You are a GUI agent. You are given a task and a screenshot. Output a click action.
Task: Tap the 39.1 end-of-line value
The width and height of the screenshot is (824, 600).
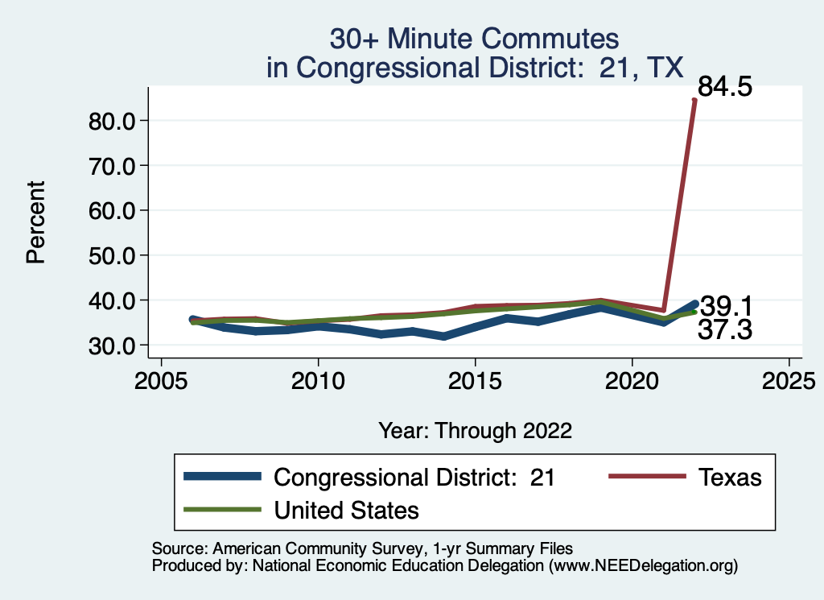coord(726,306)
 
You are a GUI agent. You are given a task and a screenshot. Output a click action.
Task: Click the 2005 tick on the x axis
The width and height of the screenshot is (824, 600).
coord(162,379)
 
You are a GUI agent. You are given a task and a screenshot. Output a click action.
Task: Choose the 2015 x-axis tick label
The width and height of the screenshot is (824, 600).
coord(476,379)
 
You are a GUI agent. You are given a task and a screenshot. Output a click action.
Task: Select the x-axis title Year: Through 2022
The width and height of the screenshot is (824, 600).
coord(475,431)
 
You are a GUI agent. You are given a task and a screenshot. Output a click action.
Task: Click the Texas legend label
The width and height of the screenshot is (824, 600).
coord(729,477)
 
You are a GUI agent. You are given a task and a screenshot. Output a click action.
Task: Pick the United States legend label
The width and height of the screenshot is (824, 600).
coord(347,510)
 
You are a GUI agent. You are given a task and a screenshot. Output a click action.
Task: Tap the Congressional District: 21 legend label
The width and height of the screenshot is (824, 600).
coord(414,477)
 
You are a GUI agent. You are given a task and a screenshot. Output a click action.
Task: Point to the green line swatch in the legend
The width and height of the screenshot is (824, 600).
coord(222,510)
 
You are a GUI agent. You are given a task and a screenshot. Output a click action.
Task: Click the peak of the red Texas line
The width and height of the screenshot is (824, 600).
coord(694,101)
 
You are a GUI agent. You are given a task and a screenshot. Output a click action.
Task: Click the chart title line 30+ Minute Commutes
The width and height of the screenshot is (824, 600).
coord(475,38)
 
